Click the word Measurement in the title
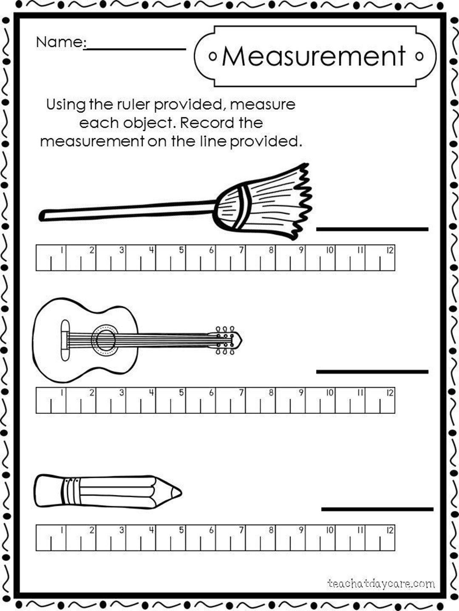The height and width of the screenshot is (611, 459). (314, 56)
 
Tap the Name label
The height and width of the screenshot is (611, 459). (60, 42)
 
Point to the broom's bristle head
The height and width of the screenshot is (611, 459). (268, 199)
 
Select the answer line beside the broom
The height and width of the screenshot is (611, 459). (372, 229)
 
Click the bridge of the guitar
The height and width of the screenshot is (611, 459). (65, 340)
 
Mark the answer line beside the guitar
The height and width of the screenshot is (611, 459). (372, 372)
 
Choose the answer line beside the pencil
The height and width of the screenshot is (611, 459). (377, 509)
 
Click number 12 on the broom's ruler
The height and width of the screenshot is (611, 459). (390, 250)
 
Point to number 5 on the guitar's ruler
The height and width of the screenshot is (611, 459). (181, 392)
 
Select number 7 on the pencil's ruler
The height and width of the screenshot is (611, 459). (241, 530)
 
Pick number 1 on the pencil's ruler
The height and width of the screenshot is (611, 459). (62, 530)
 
